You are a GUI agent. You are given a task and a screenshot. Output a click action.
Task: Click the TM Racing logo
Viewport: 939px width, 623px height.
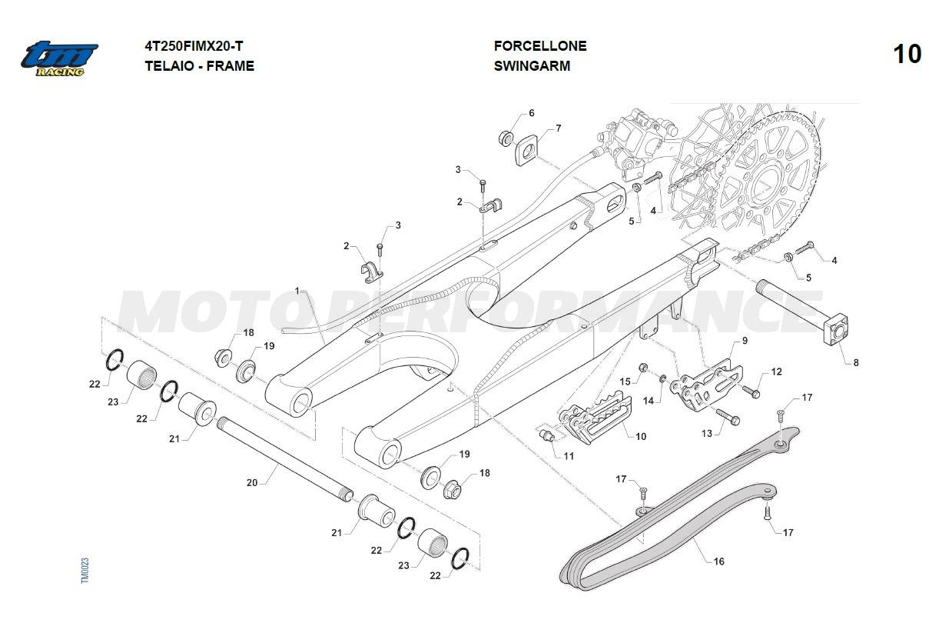point(59,58)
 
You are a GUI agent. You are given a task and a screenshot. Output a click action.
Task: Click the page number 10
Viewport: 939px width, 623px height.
point(907,55)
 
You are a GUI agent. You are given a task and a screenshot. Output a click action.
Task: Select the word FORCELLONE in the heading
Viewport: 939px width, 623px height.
point(539,46)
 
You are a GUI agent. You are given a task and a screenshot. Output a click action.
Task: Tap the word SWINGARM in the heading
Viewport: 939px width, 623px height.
point(532,66)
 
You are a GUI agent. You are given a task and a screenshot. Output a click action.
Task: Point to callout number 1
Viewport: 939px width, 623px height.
point(297,291)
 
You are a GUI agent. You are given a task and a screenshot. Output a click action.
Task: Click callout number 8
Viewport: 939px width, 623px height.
point(856,363)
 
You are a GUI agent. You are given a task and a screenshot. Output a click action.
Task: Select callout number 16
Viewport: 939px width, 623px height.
point(718,561)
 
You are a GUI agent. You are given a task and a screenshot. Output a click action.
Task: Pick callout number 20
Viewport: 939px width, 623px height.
point(252,483)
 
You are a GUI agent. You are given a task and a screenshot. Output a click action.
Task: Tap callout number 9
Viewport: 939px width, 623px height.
point(745,340)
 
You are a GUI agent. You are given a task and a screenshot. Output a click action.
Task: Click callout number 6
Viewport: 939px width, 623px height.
point(531,113)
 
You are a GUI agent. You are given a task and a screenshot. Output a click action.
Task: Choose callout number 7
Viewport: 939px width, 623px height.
point(559,128)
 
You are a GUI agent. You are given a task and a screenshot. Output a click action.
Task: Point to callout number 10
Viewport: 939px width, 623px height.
point(641,436)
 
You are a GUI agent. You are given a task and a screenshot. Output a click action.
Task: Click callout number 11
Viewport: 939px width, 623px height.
point(569,455)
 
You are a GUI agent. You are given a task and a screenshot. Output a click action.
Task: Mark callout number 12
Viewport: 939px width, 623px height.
point(777,371)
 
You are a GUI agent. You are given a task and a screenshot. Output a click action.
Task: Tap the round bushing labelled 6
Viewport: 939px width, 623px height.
point(505,138)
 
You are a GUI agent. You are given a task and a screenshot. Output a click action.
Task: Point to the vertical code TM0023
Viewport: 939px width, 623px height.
point(85,570)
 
